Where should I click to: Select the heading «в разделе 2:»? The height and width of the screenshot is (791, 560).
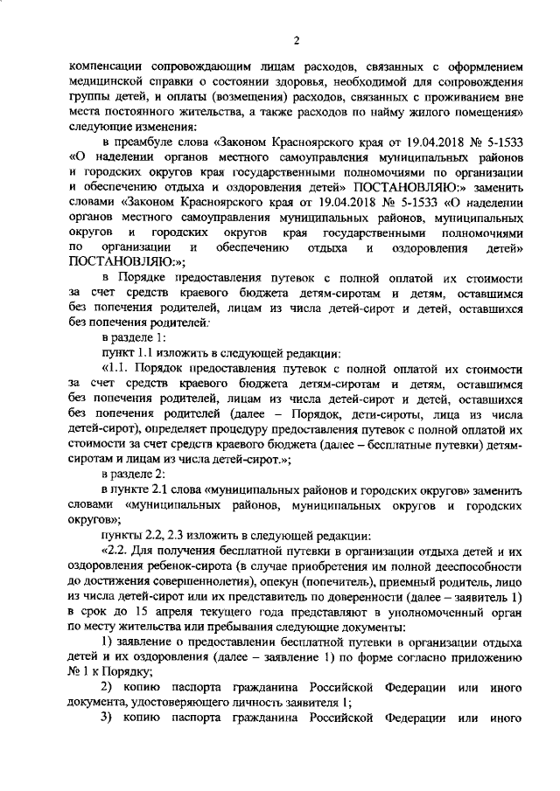[x=131, y=474]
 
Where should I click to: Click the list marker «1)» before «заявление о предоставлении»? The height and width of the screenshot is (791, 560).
[x=108, y=642]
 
